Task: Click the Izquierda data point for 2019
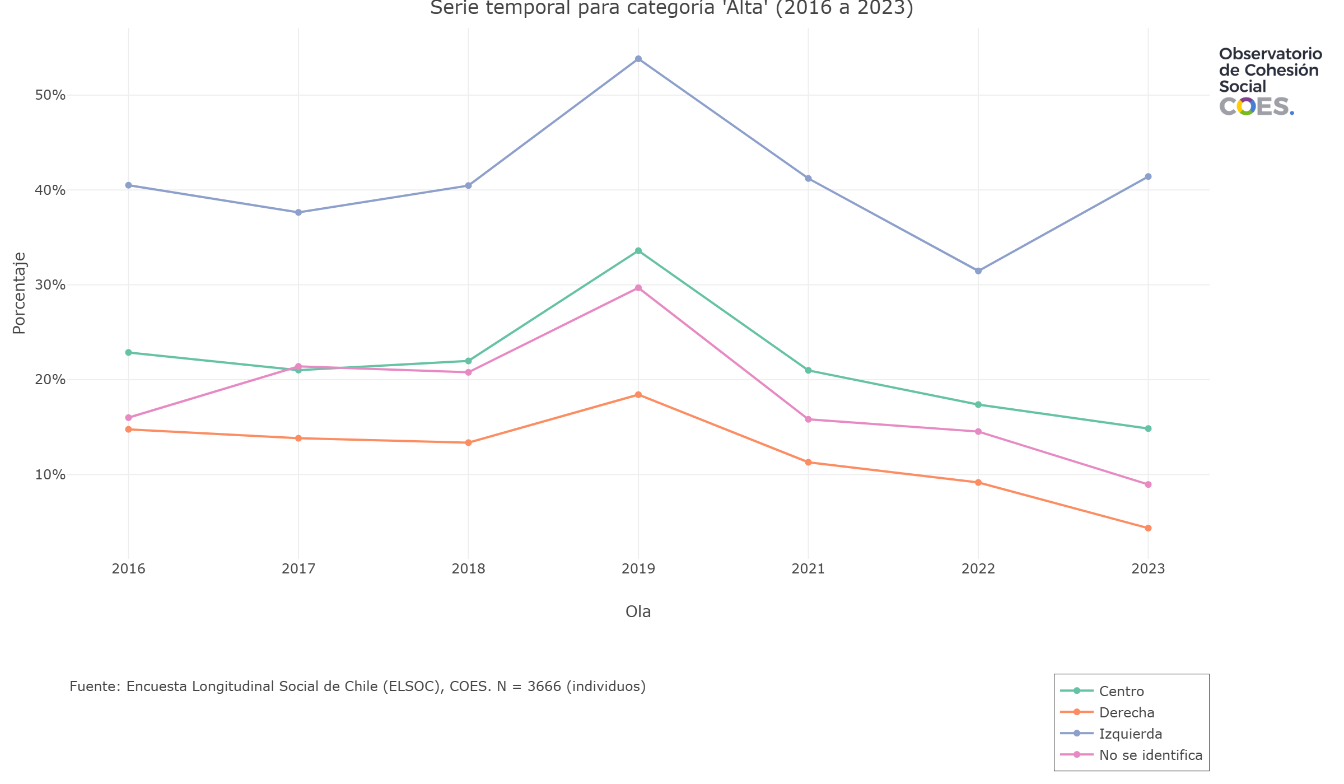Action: pyautogui.click(x=638, y=59)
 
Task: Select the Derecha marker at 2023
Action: pyautogui.click(x=1148, y=528)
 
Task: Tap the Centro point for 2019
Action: pyautogui.click(x=638, y=251)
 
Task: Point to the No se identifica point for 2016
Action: pyautogui.click(x=128, y=418)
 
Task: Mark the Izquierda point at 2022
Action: pyautogui.click(x=978, y=271)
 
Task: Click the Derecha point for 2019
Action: pyautogui.click(x=638, y=395)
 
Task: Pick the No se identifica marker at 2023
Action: pyautogui.click(x=1148, y=484)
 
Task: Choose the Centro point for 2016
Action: pyautogui.click(x=128, y=352)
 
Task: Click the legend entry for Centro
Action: pyautogui.click(x=1121, y=691)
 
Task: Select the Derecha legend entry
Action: pyautogui.click(x=1126, y=712)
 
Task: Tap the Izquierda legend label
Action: pyautogui.click(x=1130, y=734)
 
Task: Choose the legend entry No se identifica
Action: pyautogui.click(x=1150, y=755)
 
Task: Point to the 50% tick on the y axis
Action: pyautogui.click(x=50, y=95)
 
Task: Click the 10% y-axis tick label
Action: pyautogui.click(x=50, y=475)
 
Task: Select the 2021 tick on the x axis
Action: pyautogui.click(x=808, y=569)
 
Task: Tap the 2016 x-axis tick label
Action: pyautogui.click(x=128, y=569)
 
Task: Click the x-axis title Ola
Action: pyautogui.click(x=638, y=612)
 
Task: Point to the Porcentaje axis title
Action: pyautogui.click(x=19, y=293)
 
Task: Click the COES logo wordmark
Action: pyautogui.click(x=1256, y=106)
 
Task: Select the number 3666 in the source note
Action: pyautogui.click(x=544, y=687)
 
